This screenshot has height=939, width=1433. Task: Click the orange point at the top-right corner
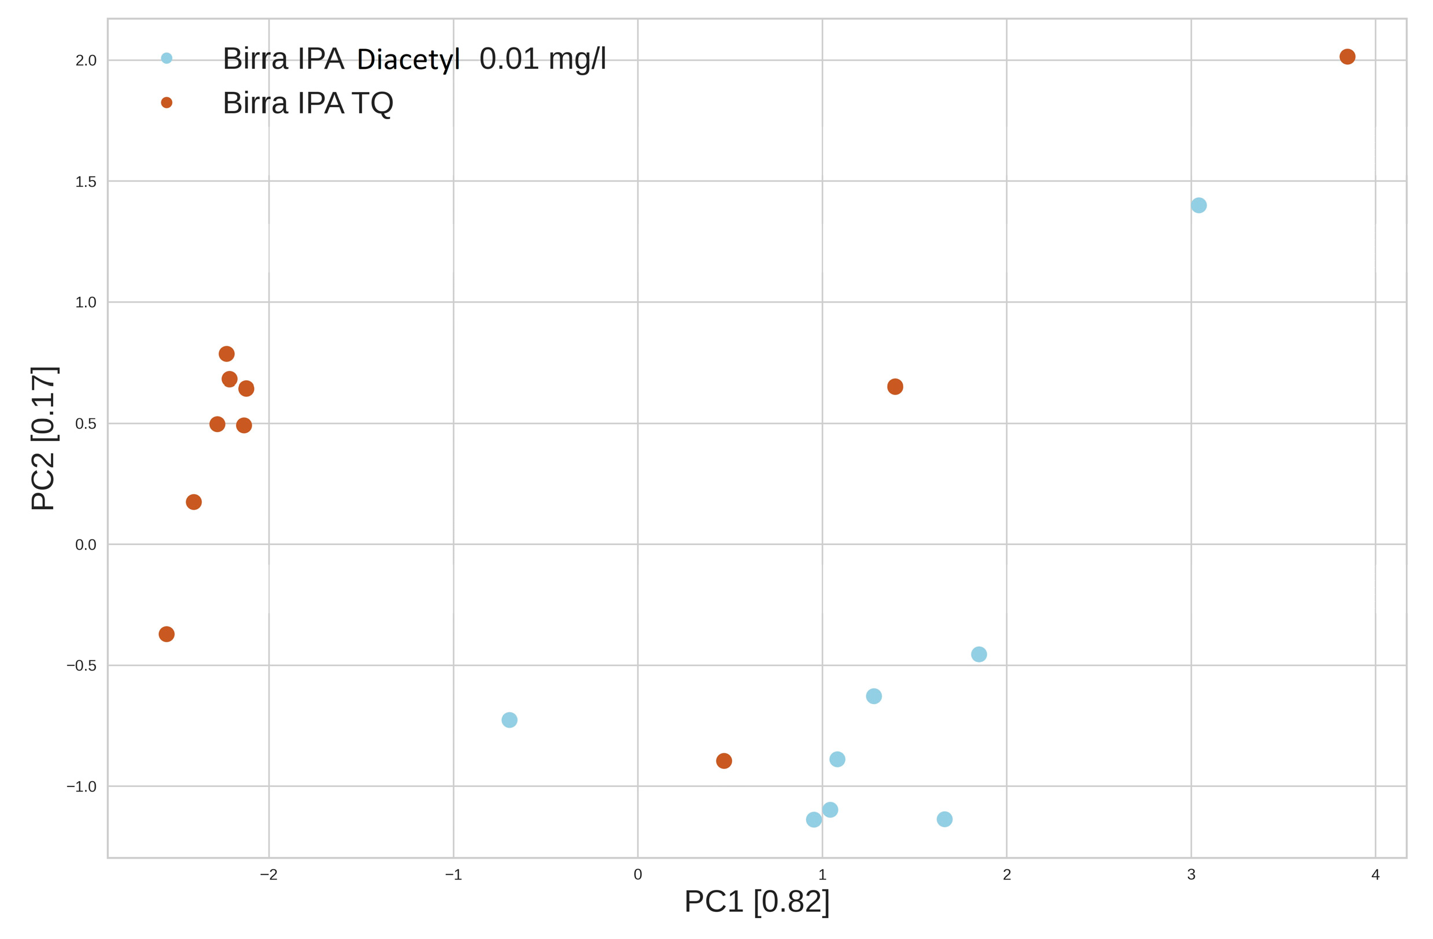[1347, 57]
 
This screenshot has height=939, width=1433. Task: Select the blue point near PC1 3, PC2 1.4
[1199, 205]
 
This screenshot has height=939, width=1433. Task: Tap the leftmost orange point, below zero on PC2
[167, 634]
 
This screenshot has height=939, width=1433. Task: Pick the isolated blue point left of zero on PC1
[509, 720]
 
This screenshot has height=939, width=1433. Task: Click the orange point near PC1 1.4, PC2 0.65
[895, 386]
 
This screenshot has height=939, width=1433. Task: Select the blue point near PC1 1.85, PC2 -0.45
[979, 654]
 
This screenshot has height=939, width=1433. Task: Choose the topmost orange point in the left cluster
[226, 353]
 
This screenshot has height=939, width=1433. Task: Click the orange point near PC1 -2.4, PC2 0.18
[194, 502]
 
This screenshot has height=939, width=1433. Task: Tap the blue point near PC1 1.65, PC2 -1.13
[945, 819]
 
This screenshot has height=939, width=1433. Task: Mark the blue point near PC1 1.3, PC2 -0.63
[874, 696]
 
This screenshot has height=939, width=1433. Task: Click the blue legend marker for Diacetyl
[167, 58]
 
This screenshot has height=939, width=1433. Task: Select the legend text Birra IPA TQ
[308, 103]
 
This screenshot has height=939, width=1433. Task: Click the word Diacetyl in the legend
[408, 59]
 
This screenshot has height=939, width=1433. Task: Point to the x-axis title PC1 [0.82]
[757, 901]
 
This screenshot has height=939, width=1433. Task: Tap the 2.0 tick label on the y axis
[86, 60]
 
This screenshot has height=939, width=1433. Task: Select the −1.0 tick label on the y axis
[82, 787]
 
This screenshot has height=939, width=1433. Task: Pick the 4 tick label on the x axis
[1375, 875]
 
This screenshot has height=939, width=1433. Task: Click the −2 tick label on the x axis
[268, 875]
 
